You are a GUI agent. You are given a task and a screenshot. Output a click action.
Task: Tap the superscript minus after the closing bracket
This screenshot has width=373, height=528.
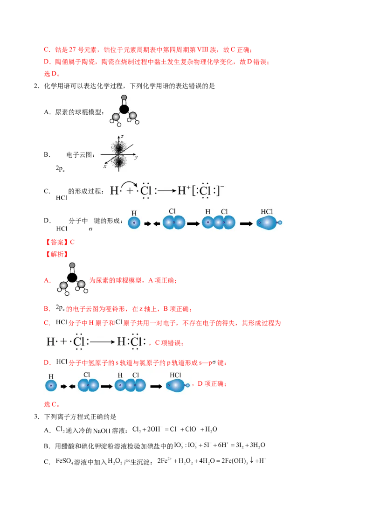pyautogui.click(x=222, y=187)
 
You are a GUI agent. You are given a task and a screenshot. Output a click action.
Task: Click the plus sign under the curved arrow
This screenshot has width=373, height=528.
pyautogui.click(x=129, y=190)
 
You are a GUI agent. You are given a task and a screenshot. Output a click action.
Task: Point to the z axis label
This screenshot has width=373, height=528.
pyautogui.click(x=122, y=136)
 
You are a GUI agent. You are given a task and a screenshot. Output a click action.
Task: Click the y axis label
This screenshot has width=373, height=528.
pyautogui.click(x=136, y=157)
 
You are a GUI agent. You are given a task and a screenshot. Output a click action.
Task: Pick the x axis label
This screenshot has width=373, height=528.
pyautogui.click(x=105, y=166)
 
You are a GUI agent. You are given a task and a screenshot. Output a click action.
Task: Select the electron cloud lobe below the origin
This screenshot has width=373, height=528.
pyautogui.click(x=119, y=161)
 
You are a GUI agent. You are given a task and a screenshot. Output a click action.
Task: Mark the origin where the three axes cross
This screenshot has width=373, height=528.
pyautogui.click(x=119, y=154)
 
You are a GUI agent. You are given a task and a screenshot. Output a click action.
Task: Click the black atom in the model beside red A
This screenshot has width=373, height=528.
pyautogui.click(x=72, y=278)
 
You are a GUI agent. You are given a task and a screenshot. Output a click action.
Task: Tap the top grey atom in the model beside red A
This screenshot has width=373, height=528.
pyautogui.click(x=72, y=266)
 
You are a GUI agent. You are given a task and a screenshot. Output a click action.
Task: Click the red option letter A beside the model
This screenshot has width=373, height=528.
pyautogui.click(x=46, y=280)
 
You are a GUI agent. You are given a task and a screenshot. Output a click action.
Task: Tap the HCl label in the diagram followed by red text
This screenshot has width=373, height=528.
pyautogui.click(x=175, y=375)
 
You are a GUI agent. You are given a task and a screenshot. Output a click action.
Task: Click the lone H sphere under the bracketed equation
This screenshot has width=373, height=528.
pyautogui.click(x=134, y=223)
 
